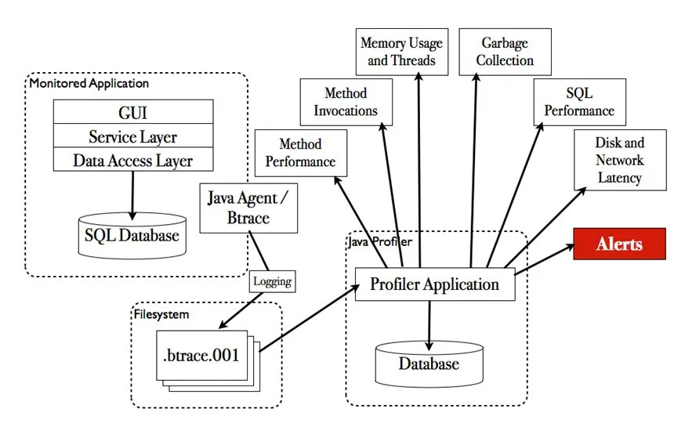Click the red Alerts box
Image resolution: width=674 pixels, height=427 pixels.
pyautogui.click(x=618, y=243)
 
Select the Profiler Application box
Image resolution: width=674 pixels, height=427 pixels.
pyautogui.click(x=434, y=284)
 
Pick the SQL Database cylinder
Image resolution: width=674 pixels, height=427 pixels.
pyautogui.click(x=132, y=235)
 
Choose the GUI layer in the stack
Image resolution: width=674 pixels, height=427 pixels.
pyautogui.click(x=132, y=111)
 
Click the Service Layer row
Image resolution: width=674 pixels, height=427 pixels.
pyautogui.click(x=132, y=136)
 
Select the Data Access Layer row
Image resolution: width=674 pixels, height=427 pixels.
pyautogui.click(x=132, y=161)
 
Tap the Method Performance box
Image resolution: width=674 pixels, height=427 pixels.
pyautogui.click(x=300, y=153)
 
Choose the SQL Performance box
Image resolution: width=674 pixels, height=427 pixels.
pyautogui.click(x=579, y=102)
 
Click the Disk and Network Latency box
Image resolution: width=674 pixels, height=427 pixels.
pyautogui.click(x=619, y=160)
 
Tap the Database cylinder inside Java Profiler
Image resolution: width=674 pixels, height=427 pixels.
pyautogui.click(x=428, y=363)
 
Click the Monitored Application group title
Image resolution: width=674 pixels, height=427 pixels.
pyautogui.click(x=89, y=83)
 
